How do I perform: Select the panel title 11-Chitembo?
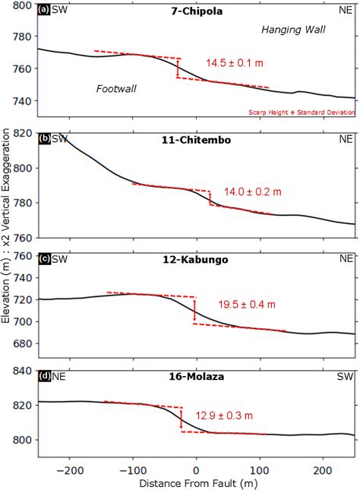click(x=195, y=141)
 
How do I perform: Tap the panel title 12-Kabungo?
click(x=195, y=260)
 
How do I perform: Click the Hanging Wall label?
click(x=292, y=30)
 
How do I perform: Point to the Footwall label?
click(x=116, y=89)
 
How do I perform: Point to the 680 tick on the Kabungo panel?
click(x=22, y=344)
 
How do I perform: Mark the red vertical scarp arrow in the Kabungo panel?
click(x=195, y=310)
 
